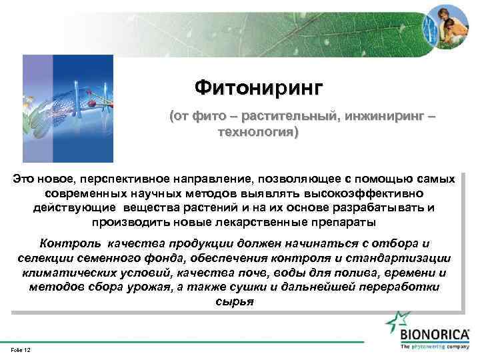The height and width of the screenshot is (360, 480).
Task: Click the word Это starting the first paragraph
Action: click(x=24, y=179)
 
